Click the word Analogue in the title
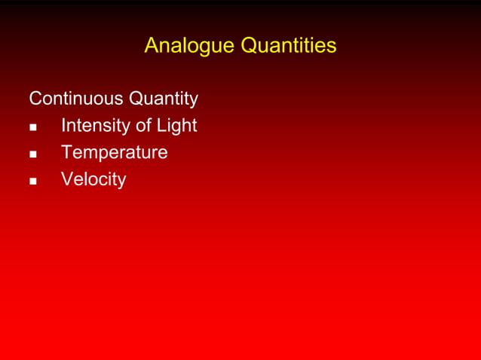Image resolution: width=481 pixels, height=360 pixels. tap(189, 46)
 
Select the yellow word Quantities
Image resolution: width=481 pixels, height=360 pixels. tap(288, 46)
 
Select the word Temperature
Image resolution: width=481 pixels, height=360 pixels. tap(115, 153)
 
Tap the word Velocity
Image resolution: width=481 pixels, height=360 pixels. tap(93, 180)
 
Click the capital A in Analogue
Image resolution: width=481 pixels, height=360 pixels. tap(151, 46)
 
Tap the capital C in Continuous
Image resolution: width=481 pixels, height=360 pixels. tap(35, 99)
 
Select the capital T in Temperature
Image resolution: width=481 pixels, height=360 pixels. tap(67, 153)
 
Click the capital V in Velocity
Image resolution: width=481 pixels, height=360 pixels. tap(68, 180)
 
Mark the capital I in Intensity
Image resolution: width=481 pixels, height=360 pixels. tap(63, 126)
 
